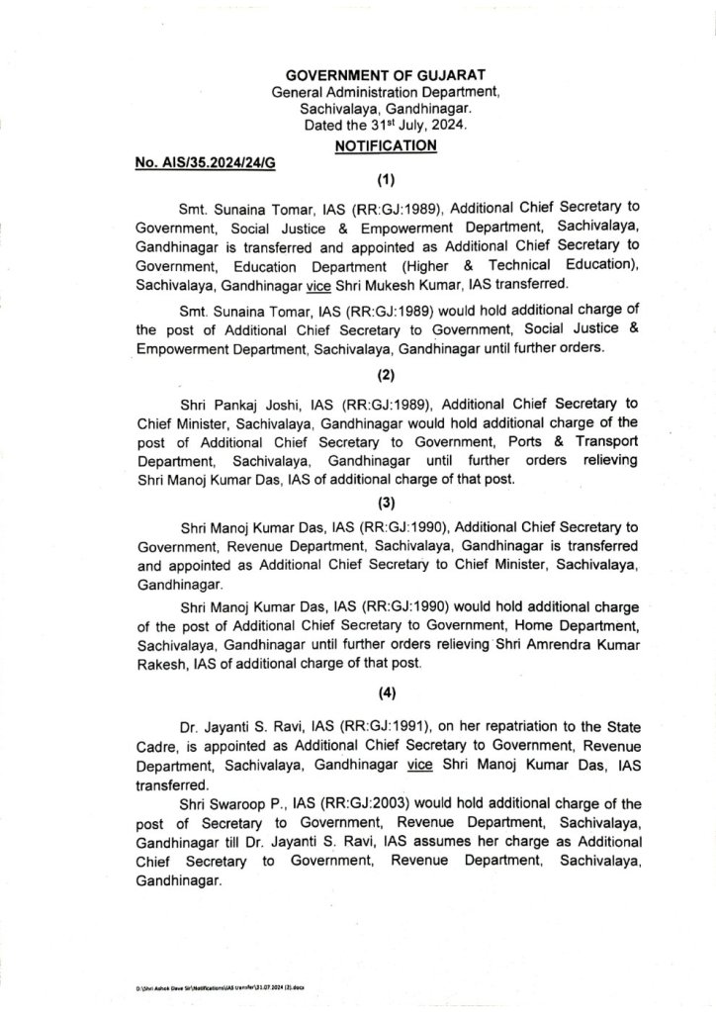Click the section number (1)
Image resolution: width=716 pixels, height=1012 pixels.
(x=386, y=181)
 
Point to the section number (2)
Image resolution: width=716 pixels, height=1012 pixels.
(x=386, y=375)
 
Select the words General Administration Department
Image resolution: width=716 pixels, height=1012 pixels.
(x=387, y=92)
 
